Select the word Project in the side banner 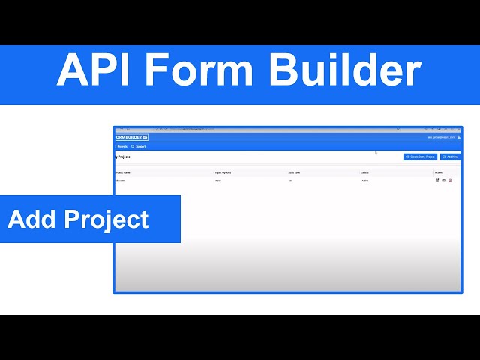point(106,220)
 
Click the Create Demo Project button point(420,157)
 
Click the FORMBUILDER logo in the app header point(132,137)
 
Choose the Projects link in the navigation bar point(122,147)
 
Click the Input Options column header point(223,172)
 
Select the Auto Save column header point(295,172)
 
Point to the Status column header point(365,172)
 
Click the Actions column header point(439,172)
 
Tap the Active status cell point(365,181)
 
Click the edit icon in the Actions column point(437,181)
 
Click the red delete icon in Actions point(450,181)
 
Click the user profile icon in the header point(459,137)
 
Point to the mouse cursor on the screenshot point(376,153)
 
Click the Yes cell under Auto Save point(290,181)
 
